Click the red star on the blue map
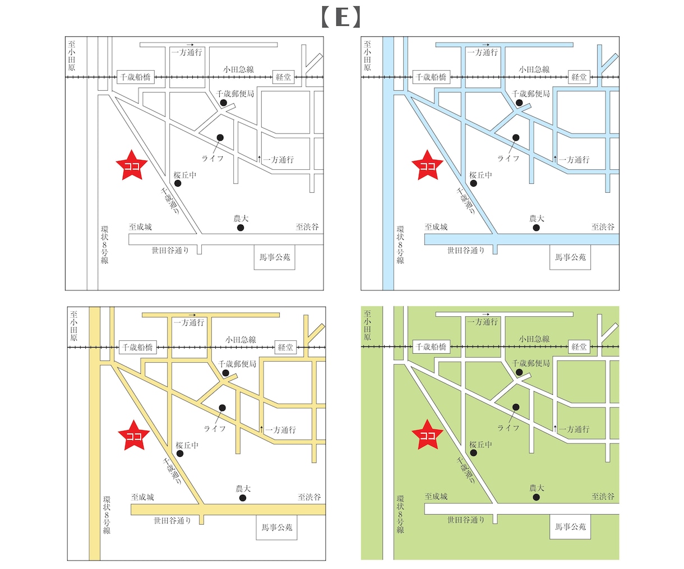tap(427, 165)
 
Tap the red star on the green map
tap(427, 435)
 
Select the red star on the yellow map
tap(133, 436)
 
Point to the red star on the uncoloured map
tap(132, 165)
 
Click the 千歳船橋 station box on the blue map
tap(431, 77)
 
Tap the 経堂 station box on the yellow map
tap(285, 347)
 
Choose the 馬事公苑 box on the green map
tap(570, 526)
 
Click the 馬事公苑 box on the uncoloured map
tap(275, 257)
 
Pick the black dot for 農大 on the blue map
tap(536, 228)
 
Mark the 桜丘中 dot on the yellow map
tap(180, 454)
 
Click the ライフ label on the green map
tap(508, 428)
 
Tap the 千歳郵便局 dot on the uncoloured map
tap(223, 103)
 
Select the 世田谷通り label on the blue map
tap(466, 251)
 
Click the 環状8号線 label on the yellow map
tap(107, 515)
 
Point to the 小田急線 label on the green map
tap(534, 339)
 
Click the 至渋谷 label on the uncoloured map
tap(307, 227)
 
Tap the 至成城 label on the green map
tap(436, 497)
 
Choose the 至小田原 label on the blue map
tap(367, 56)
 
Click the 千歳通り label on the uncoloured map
tap(170, 201)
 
